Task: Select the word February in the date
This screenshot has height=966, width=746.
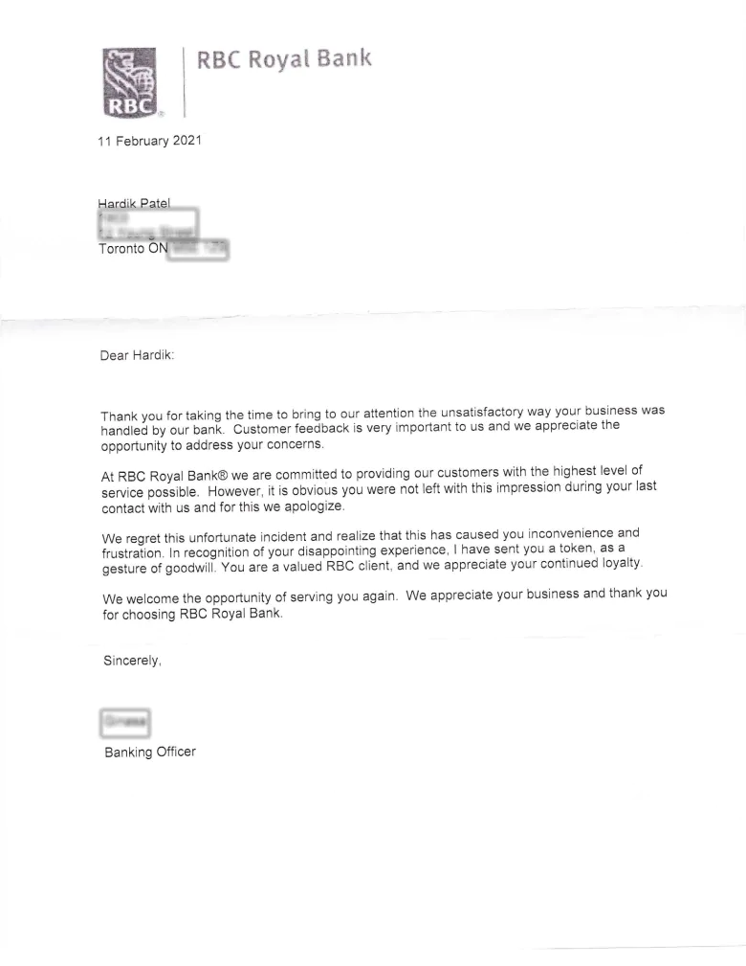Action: [x=141, y=142]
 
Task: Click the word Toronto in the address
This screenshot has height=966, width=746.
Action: [x=122, y=249]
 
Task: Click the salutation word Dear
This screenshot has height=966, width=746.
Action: [x=114, y=356]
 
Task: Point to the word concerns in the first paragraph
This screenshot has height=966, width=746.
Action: [x=298, y=444]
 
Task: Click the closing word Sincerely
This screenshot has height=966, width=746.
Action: [x=131, y=661]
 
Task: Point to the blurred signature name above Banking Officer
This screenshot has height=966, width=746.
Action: [x=125, y=720]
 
